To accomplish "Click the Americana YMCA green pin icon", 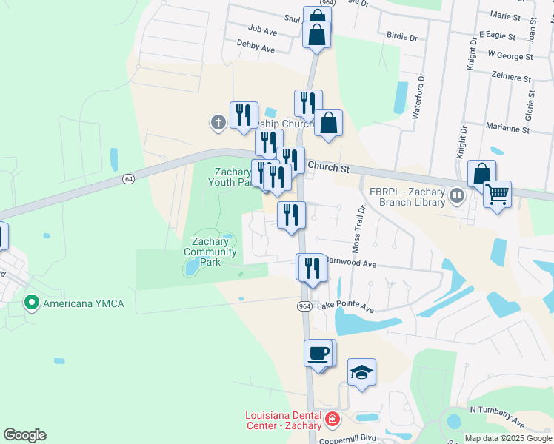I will (x=32, y=303).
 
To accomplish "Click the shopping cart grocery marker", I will (x=498, y=195).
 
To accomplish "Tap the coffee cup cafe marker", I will (x=318, y=352).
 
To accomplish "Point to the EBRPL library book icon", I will (x=457, y=196).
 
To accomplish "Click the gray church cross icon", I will (x=218, y=122).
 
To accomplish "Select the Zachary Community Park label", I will (x=213, y=252).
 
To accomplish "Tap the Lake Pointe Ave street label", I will (x=345, y=306).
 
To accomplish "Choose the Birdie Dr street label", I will (x=402, y=36).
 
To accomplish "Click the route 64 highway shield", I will (x=129, y=179).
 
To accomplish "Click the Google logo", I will (x=24, y=435).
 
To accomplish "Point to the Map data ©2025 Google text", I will (x=507, y=438).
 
